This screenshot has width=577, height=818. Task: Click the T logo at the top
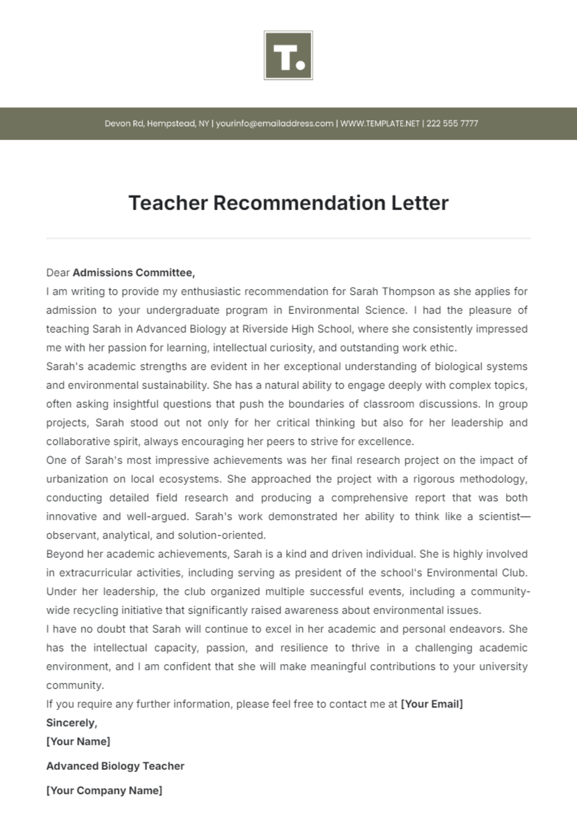click(288, 55)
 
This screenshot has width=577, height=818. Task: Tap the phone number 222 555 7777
click(452, 124)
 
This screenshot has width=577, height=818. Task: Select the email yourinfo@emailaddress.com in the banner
click(275, 124)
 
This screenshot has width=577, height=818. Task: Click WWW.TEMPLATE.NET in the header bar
click(380, 124)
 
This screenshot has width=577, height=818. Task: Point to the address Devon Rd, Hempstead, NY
click(157, 124)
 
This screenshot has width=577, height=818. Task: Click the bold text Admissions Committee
click(134, 273)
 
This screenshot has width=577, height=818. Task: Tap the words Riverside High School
click(297, 329)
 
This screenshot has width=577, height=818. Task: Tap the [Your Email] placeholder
click(431, 704)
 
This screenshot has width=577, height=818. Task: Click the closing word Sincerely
click(71, 723)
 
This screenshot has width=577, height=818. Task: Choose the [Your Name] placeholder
click(78, 742)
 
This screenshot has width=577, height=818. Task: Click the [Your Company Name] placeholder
click(104, 791)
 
